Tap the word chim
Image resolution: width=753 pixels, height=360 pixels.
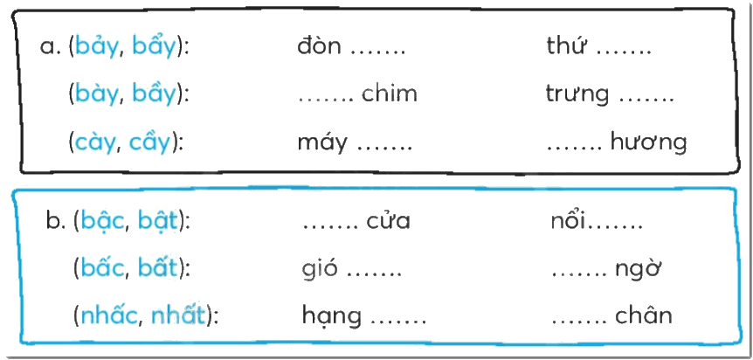click(390, 93)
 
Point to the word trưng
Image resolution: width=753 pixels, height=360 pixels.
click(577, 94)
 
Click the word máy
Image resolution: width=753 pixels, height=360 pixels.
click(321, 143)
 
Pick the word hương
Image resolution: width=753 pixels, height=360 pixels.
click(648, 142)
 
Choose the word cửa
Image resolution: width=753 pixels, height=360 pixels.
click(389, 221)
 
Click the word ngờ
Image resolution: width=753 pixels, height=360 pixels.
click(639, 269)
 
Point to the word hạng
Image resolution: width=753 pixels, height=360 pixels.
click(331, 316)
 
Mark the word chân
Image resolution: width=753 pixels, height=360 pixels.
click(644, 315)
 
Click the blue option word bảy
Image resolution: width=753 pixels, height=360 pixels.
click(97, 47)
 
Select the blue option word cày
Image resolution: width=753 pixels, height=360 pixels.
click(95, 143)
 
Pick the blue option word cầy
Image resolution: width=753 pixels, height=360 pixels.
click(150, 142)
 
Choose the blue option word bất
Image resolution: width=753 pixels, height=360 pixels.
click(158, 268)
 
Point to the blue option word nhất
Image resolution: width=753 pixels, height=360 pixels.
click(179, 315)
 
